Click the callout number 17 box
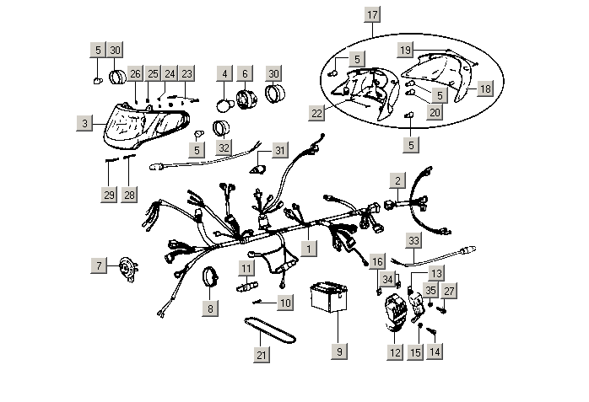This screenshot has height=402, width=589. [372, 15]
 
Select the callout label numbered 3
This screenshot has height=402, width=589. [84, 124]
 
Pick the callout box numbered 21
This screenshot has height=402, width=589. [262, 355]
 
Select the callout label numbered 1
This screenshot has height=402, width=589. [310, 249]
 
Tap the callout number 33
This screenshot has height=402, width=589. [413, 240]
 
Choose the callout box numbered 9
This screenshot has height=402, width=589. [339, 351]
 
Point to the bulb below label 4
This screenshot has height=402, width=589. [225, 105]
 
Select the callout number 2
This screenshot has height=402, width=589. [397, 179]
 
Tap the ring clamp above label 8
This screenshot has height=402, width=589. [211, 276]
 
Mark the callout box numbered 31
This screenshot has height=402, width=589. [280, 150]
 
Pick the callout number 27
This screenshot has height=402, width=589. [449, 291]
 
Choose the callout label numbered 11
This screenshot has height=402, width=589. [245, 268]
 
